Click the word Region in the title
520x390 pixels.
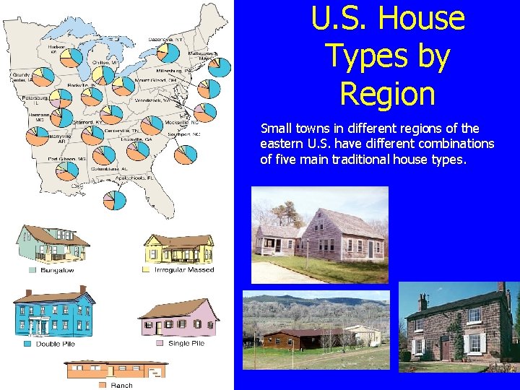pos(387,94)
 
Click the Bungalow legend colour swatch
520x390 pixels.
pos(32,270)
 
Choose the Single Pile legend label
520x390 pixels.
pos(186,344)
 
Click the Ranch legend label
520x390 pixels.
pos(122,386)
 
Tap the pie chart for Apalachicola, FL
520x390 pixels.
pos(113,200)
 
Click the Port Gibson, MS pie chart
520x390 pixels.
pos(67,170)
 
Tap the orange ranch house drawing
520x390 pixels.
pos(116,369)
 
